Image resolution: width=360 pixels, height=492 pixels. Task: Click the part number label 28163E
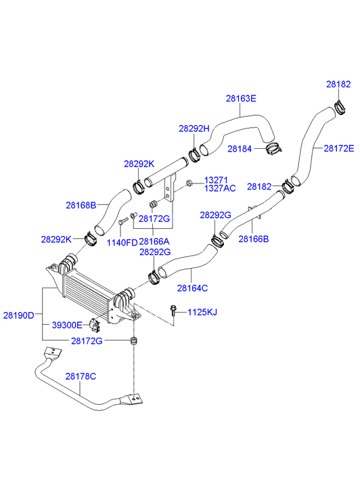click(x=241, y=98)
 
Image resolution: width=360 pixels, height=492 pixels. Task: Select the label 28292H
click(x=194, y=129)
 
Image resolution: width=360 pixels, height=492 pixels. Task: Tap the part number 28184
click(x=240, y=148)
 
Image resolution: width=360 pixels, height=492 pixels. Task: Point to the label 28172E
click(x=338, y=148)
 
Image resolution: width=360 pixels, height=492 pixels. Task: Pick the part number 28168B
click(x=81, y=204)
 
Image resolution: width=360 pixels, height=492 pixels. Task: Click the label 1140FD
click(x=122, y=242)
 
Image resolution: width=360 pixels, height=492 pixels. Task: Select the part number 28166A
click(x=154, y=242)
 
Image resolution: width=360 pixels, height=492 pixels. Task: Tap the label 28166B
click(x=253, y=239)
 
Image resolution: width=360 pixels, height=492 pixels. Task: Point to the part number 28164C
click(x=192, y=288)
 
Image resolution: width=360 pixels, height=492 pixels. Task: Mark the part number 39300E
click(x=66, y=325)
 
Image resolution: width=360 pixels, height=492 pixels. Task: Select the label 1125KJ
click(x=202, y=312)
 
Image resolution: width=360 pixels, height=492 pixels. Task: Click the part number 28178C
click(x=81, y=376)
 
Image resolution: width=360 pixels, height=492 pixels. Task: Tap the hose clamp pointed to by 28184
click(x=274, y=148)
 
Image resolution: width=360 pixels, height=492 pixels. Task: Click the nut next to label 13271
click(x=190, y=183)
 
